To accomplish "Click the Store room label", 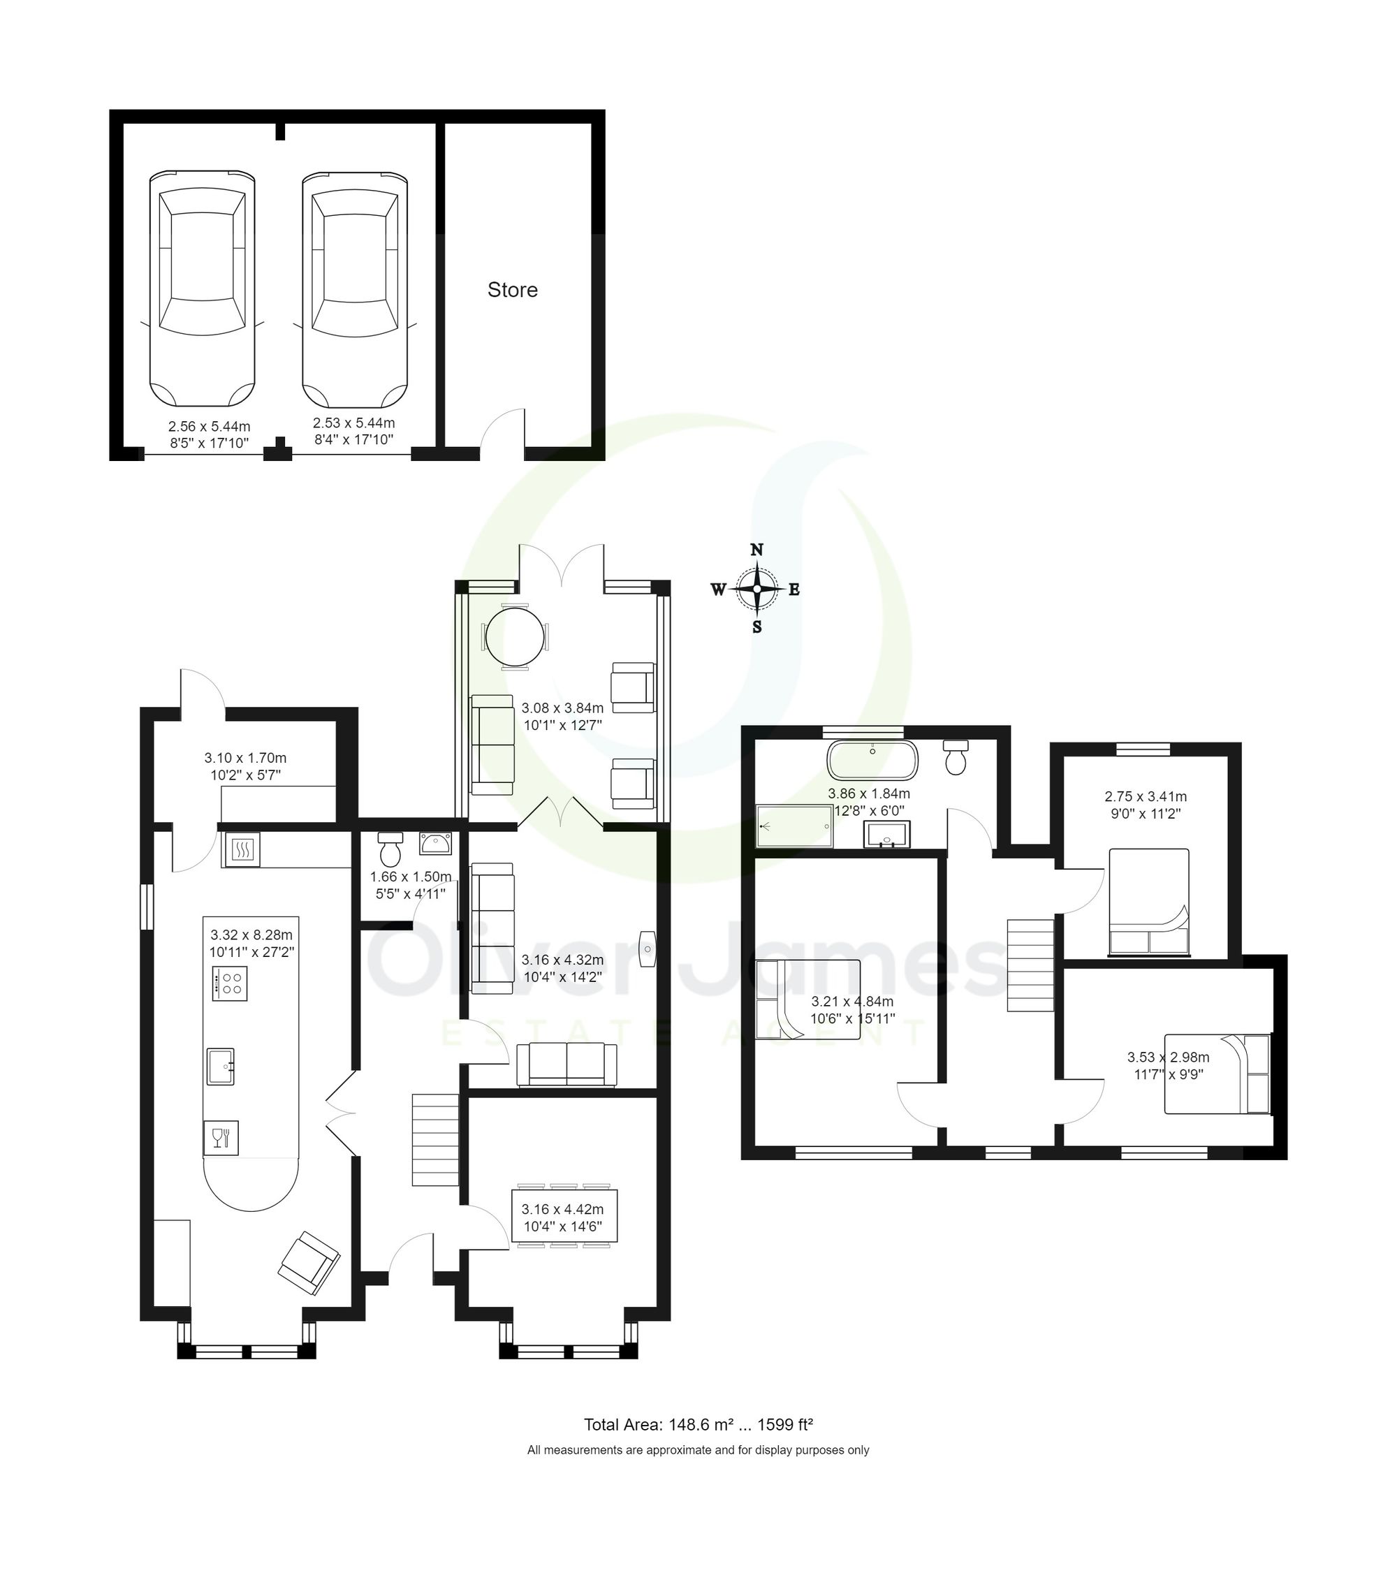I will (512, 290).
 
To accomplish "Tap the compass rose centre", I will (756, 589).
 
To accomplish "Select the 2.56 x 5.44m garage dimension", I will (210, 434).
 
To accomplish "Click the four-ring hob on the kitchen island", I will (229, 983).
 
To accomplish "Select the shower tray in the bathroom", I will (793, 826).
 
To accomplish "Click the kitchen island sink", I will (221, 1067).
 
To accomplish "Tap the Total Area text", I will (698, 1424).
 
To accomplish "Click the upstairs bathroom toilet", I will (956, 758).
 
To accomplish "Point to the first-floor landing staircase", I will (1030, 965).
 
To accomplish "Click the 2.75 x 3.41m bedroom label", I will (1146, 804).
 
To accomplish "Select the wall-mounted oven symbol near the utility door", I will (241, 850).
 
